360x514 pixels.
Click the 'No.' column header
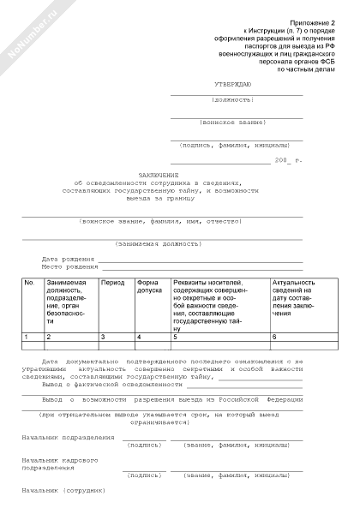28,283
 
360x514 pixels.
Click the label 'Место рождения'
69,266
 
